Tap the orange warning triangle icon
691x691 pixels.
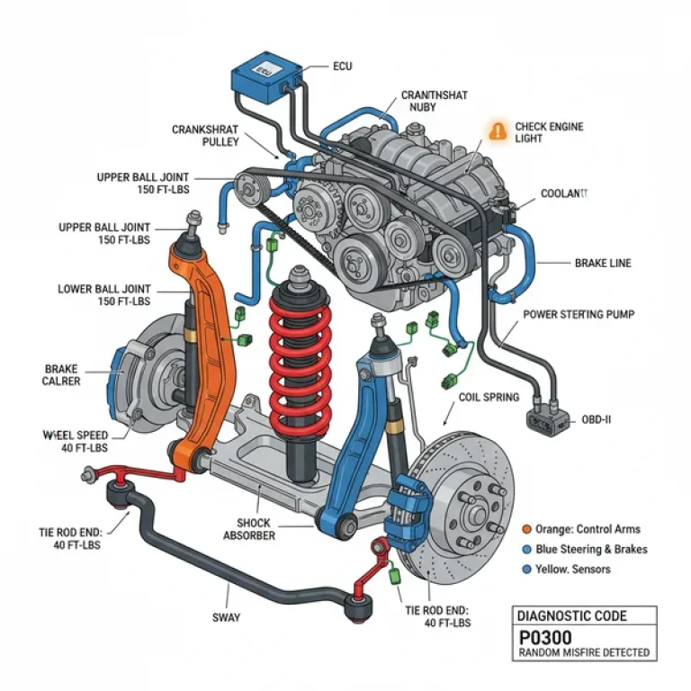tap(497, 130)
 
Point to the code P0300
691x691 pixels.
tap(545, 636)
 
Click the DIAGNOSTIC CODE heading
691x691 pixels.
tap(571, 615)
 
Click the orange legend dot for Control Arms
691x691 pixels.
tap(526, 529)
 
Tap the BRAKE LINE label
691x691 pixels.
tap(603, 264)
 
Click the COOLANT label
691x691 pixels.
tap(563, 193)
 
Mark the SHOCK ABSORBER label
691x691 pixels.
tap(249, 529)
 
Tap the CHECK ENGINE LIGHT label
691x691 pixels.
tap(548, 133)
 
